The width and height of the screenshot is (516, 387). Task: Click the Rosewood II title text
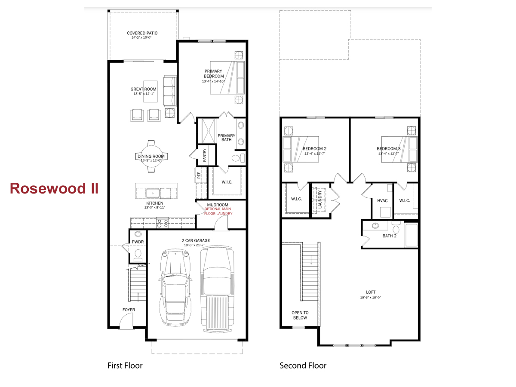click(54, 188)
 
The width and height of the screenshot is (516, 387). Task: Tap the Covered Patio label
click(142, 33)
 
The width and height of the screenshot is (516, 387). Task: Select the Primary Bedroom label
click(213, 74)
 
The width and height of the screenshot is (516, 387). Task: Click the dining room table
click(151, 157)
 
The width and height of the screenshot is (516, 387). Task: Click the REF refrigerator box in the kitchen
click(199, 175)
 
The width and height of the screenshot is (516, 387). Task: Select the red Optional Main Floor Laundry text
click(218, 211)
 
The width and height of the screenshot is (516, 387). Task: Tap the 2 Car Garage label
click(196, 241)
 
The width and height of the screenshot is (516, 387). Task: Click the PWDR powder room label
click(138, 242)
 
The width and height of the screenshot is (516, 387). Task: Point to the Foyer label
click(129, 310)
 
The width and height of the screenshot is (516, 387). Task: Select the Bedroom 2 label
click(314, 149)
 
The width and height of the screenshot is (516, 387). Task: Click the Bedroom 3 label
click(388, 149)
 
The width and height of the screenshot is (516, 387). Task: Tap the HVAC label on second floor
click(382, 201)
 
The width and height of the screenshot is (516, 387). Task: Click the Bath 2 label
click(389, 236)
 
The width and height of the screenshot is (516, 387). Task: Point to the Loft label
click(370, 292)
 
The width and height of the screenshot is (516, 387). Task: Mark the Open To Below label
click(300, 315)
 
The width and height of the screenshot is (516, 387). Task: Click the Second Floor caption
click(303, 365)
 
